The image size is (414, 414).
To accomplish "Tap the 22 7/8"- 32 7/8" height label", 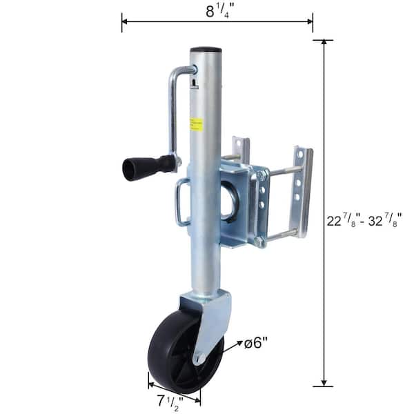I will coord(364,220).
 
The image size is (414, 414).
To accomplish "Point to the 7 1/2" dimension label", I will coord(168,400).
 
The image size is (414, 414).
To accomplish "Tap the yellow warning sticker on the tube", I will coord(197,124).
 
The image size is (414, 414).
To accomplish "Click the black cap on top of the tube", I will coord(206,50).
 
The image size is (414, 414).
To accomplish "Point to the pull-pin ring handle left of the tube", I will coord(181,202).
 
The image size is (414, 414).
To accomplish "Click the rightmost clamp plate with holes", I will coord(302,192).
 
